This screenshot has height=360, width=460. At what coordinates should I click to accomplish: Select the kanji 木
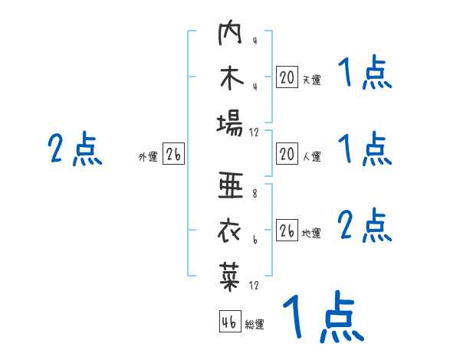click(230, 80)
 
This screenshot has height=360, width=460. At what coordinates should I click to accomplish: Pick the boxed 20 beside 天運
click(287, 77)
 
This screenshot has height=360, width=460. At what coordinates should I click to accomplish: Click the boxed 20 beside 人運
click(287, 155)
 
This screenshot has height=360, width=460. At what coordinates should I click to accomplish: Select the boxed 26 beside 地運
click(287, 231)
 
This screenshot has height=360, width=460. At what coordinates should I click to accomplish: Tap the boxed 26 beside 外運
click(173, 155)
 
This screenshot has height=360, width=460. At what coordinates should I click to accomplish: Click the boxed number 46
click(228, 322)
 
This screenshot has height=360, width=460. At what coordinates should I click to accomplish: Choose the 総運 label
click(254, 324)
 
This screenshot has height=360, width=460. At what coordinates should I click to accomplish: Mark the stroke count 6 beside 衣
click(254, 240)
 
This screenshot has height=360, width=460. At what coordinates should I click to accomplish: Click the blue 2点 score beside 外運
click(75, 149)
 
